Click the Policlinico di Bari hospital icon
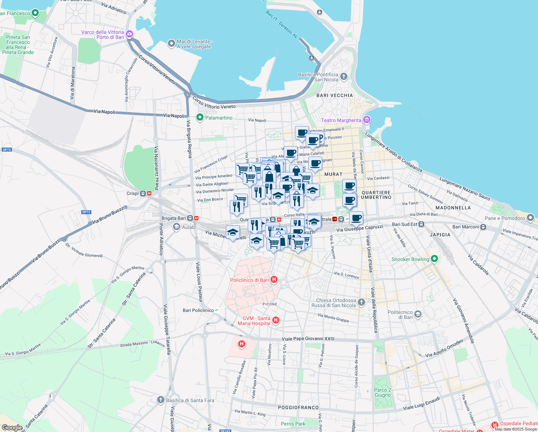pos(274,280)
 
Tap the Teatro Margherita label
pos(341,120)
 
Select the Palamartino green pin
pos(200,117)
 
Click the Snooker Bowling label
pos(410,259)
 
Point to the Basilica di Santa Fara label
pos(190,400)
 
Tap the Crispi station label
pos(133,193)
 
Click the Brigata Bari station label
pos(174,218)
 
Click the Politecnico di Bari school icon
pos(418,314)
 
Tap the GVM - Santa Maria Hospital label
pos(254,321)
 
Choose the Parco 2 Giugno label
pos(383,392)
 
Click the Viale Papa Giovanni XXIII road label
pos(308,339)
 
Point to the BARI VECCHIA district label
pos(334,95)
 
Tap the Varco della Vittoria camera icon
pos(129,34)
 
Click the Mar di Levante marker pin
pos(172,44)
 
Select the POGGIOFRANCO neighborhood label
pos(298,408)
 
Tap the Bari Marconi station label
pos(466,227)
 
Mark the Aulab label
pos(188,227)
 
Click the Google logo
pos(12,428)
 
